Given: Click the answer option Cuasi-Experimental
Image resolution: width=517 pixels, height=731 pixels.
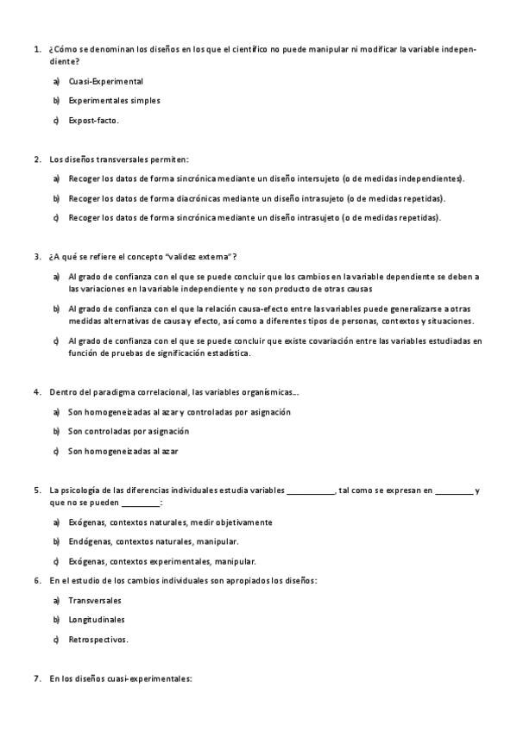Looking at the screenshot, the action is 105,81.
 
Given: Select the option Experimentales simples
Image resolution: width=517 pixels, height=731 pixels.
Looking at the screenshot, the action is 114,101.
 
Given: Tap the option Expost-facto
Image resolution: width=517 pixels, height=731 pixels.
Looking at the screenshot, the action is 94,120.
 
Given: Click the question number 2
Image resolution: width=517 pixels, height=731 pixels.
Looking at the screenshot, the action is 37,159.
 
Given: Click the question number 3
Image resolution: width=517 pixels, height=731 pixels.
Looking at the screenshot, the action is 37,257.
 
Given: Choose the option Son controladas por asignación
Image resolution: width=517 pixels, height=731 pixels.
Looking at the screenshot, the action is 129,431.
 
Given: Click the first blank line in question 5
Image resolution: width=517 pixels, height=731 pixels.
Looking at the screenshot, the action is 310,490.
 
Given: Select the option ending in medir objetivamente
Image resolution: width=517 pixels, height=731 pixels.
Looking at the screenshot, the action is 170,522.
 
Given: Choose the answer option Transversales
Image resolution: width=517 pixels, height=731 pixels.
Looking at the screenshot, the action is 95,600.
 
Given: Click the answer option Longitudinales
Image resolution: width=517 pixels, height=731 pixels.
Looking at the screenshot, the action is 97,620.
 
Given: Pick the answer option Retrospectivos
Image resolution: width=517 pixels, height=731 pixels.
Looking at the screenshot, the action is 98,640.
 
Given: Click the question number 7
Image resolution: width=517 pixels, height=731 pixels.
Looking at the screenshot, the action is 37,678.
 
